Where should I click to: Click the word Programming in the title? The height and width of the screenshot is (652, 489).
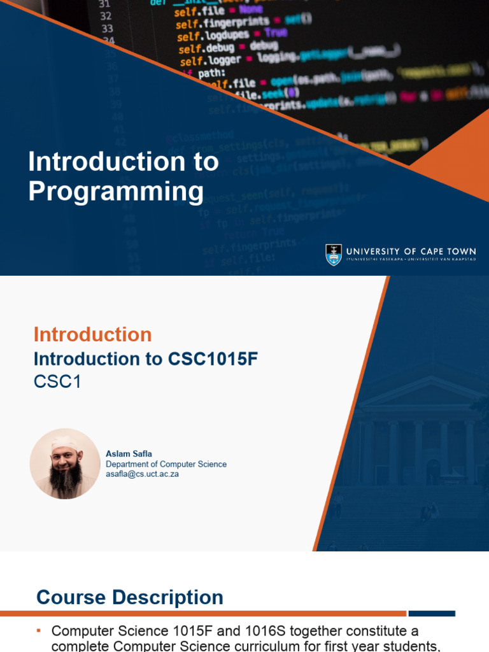tap(116, 192)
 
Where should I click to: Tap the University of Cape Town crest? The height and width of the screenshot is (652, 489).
tap(334, 254)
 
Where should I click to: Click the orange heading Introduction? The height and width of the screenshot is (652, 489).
tap(92, 334)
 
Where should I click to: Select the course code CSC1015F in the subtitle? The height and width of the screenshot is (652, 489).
tap(213, 359)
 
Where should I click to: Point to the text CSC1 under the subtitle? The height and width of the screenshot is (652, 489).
tap(57, 383)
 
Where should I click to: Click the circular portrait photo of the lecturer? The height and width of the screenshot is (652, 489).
tap(65, 464)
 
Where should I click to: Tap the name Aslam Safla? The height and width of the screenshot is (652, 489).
tap(129, 454)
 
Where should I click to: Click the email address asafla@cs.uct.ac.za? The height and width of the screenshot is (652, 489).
tap(142, 474)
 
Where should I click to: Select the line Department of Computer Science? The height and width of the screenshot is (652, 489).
tap(166, 464)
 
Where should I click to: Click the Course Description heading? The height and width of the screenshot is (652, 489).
tap(130, 597)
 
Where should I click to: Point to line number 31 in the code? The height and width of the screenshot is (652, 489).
tap(104, 3)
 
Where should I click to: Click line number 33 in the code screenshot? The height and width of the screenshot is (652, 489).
tap(106, 29)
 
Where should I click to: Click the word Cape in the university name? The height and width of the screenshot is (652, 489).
tap(427, 252)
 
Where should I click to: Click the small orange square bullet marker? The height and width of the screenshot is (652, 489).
tap(39, 631)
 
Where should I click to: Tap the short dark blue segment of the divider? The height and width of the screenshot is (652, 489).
tap(432, 614)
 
